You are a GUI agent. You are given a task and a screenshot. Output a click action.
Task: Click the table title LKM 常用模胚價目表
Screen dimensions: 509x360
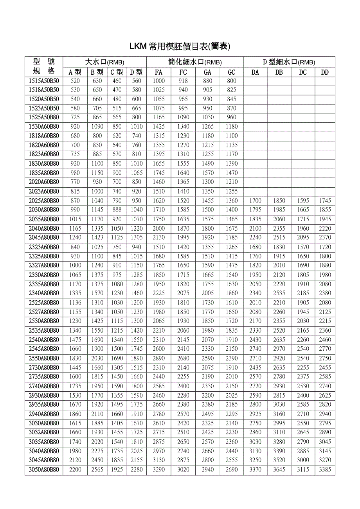click(180, 47)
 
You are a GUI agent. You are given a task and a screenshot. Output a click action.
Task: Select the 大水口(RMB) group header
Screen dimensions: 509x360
click(105, 62)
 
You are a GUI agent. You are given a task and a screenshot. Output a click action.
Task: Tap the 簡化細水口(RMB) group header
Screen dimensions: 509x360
click(195, 62)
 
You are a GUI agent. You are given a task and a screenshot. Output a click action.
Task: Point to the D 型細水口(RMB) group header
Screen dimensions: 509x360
click(289, 62)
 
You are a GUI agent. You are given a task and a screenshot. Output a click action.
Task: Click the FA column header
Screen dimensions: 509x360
click(158, 72)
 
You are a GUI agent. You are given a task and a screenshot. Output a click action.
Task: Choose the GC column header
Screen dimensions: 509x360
click(232, 72)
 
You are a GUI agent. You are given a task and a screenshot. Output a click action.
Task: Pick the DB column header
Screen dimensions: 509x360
click(279, 72)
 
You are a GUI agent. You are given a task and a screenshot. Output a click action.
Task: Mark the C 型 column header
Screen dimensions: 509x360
click(117, 72)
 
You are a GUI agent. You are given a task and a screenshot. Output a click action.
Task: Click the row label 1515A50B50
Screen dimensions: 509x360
click(44, 81)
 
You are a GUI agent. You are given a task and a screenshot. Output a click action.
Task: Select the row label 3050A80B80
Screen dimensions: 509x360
click(44, 470)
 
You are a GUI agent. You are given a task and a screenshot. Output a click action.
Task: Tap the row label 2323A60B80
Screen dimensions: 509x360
click(44, 247)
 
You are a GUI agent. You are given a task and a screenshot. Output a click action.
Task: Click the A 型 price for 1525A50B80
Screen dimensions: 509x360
click(75, 117)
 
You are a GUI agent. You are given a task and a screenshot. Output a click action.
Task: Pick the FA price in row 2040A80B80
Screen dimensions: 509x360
click(158, 229)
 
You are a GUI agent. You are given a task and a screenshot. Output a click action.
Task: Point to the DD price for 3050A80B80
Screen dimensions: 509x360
click(325, 470)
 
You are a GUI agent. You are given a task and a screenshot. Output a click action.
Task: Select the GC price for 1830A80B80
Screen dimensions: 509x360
click(232, 164)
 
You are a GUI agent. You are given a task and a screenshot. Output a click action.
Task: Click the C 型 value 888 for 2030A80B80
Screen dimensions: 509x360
click(117, 210)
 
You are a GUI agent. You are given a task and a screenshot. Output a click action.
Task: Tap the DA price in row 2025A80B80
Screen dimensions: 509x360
click(255, 201)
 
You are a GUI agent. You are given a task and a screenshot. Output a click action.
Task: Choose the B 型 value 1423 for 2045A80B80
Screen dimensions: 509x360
click(97, 238)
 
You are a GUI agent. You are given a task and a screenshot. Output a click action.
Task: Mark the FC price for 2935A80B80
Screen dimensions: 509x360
click(183, 405)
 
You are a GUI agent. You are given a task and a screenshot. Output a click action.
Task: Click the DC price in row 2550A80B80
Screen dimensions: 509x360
click(303, 358)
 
